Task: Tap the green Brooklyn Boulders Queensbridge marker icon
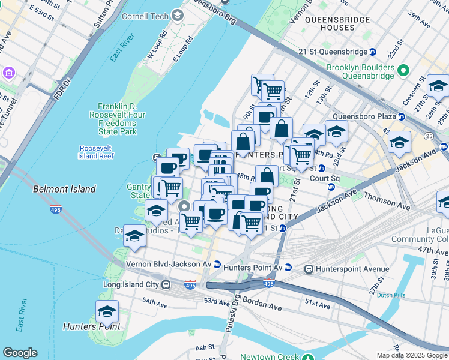pos(404,68)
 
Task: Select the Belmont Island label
pos(64,189)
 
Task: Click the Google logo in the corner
pos(20,353)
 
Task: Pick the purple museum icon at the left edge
pos(8,73)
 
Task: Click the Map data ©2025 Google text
pos(412,355)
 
